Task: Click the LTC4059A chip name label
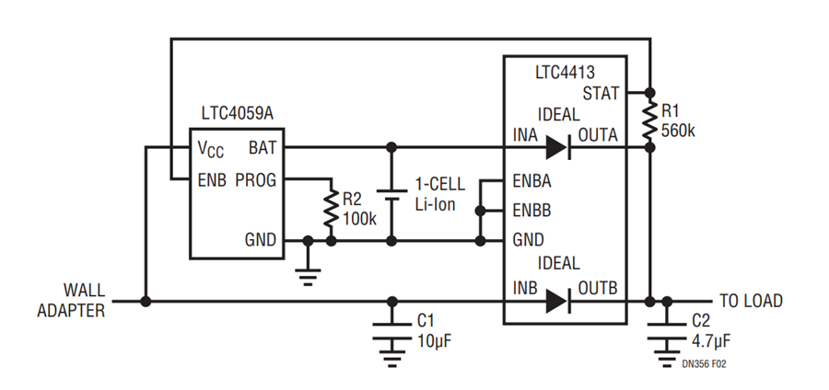point(238,113)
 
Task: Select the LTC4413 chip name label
point(565,73)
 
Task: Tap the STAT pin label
point(601,94)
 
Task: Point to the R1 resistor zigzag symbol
point(650,120)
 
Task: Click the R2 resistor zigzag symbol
point(331,208)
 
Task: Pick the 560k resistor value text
point(678,131)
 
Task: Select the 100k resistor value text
point(359,219)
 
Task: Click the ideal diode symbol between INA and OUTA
point(558,147)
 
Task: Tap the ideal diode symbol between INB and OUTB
point(558,302)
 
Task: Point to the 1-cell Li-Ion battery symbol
point(391,195)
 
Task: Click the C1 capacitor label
point(426,321)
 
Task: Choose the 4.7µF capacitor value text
point(711,341)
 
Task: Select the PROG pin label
point(256,180)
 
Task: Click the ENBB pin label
point(531,211)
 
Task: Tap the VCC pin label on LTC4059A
point(210,150)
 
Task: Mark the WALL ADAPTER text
point(71,300)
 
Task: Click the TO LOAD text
point(751,301)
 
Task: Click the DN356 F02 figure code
point(704,364)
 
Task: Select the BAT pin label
point(263,148)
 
